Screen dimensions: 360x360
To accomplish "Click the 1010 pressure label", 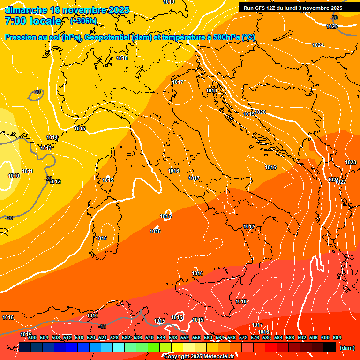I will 14,176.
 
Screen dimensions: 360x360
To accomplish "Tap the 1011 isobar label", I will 27,172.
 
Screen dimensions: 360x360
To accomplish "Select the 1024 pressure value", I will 318,45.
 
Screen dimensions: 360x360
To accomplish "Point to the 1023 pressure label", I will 350,162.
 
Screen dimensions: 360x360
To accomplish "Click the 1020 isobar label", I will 261,112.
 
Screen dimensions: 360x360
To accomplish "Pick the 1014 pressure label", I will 52,137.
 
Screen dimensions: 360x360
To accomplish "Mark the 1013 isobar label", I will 46,148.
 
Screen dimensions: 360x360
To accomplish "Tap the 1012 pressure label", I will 55,181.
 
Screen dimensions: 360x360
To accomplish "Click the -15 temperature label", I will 103,326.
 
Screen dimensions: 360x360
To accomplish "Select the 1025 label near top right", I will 332,26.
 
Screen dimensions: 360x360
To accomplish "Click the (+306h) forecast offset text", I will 83,21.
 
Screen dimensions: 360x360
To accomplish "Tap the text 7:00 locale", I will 33,21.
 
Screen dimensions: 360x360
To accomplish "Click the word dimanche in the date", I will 23,10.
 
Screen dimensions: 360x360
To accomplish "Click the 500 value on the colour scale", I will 32,337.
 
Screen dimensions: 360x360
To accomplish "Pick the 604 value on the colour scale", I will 337,337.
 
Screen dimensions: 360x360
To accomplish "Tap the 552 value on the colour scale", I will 185,337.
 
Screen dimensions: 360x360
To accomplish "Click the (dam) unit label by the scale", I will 347,347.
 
